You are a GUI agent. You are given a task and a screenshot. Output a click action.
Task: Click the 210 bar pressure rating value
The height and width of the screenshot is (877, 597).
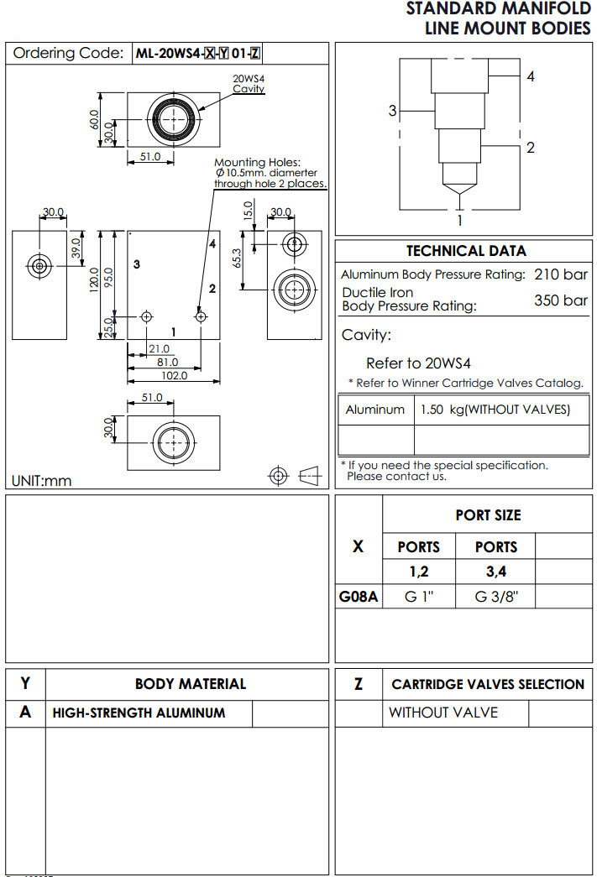[x=561, y=274]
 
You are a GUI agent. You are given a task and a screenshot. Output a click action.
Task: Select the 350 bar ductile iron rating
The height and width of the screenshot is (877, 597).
[x=561, y=300]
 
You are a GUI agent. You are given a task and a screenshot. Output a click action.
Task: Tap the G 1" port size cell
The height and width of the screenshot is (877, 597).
[x=418, y=598]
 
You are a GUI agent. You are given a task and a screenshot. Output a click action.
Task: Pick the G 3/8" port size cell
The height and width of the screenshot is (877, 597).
[x=496, y=598]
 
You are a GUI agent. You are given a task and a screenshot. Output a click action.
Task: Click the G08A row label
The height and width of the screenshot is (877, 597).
[x=359, y=598]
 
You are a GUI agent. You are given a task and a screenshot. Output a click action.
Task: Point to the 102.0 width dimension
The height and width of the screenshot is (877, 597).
[x=174, y=376]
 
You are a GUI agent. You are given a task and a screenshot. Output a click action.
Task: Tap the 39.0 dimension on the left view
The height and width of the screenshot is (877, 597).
[x=76, y=248]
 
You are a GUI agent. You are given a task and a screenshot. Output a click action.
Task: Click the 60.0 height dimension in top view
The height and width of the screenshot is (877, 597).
[x=96, y=119]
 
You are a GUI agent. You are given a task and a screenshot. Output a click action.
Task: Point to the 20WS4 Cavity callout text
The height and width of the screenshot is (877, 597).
[x=249, y=83]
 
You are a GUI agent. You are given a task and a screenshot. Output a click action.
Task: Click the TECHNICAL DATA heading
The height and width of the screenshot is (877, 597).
[x=466, y=251]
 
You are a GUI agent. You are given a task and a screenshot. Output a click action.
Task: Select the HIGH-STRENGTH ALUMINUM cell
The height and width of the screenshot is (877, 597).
[x=139, y=713]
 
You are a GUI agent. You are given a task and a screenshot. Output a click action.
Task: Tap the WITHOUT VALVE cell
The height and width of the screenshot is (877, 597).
[x=443, y=713]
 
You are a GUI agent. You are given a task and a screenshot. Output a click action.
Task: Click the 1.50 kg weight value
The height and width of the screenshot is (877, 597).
[x=495, y=410]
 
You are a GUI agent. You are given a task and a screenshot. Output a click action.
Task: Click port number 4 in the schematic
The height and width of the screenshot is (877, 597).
[x=531, y=76]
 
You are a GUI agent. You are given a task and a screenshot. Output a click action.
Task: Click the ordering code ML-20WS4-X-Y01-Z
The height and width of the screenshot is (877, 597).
[x=197, y=54]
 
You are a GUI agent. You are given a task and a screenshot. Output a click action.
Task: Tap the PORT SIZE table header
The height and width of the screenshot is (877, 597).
[x=488, y=515]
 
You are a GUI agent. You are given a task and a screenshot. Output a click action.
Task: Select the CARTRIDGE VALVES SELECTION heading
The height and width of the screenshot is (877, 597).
[x=488, y=684]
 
